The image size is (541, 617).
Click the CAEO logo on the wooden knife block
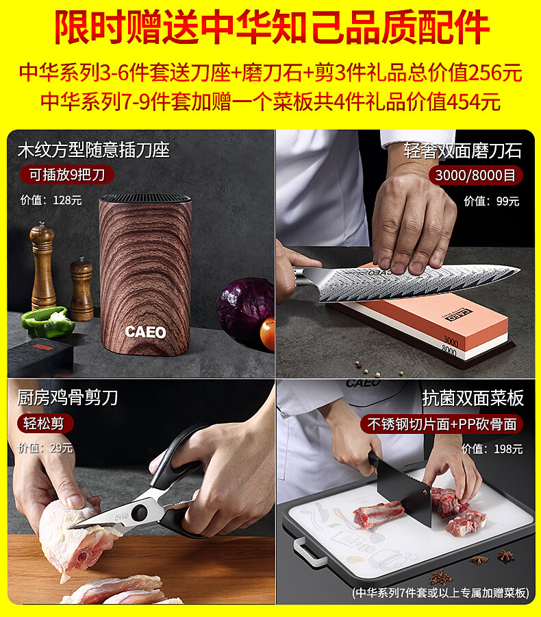tap(145, 332)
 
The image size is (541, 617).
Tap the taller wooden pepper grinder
tap(42, 265)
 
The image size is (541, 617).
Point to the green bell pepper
tap(48, 322)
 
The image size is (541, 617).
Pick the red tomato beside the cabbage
tap(268, 334)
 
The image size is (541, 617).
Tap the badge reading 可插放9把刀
tap(67, 175)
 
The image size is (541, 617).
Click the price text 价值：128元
tap(51, 200)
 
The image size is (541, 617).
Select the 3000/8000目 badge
tap(475, 175)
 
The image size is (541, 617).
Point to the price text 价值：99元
tap(492, 201)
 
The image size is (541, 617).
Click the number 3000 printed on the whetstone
tap(451, 341)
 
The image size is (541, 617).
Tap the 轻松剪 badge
tap(45, 424)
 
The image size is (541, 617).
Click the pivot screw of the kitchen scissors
tap(139, 512)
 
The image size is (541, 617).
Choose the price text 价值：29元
tap(46, 448)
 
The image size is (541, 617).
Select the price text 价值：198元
tap(492, 448)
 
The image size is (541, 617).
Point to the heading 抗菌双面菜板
tap(473, 398)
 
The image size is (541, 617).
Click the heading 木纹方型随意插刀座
tap(94, 150)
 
